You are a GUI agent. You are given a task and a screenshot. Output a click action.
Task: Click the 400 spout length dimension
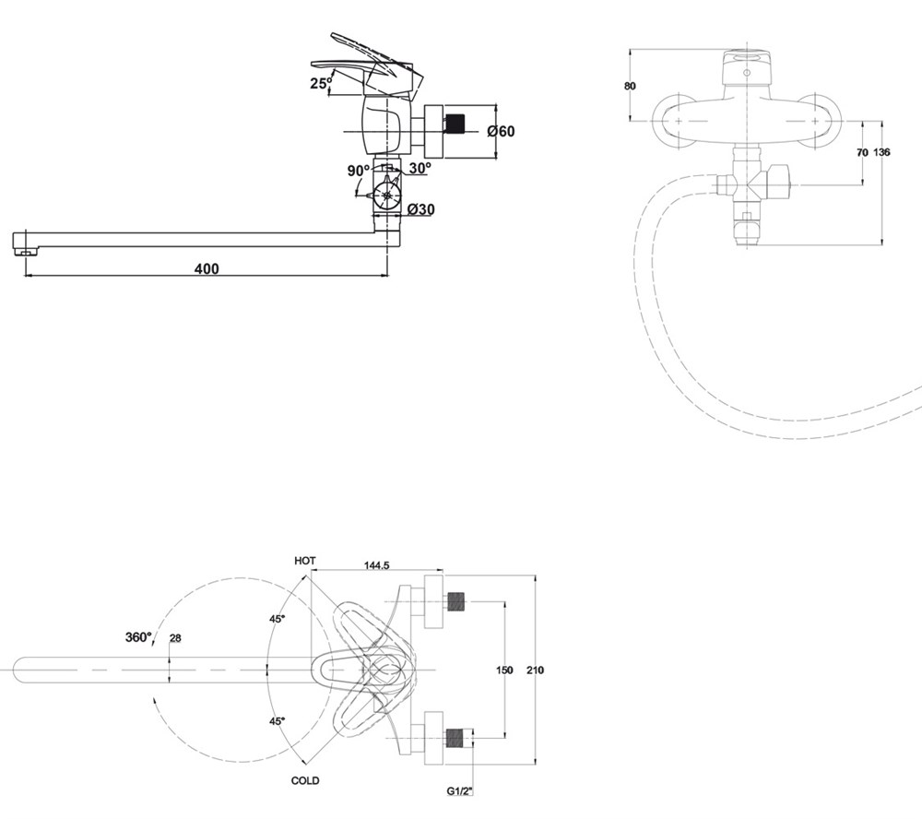(x=207, y=269)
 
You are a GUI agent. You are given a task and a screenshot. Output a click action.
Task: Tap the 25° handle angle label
(x=321, y=82)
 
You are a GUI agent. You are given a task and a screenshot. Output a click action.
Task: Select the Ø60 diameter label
(x=501, y=131)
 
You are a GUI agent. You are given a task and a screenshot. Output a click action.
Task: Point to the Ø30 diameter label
(x=421, y=209)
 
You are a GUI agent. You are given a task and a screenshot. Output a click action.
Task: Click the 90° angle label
(x=358, y=171)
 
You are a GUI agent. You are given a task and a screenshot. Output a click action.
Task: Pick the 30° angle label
(x=420, y=168)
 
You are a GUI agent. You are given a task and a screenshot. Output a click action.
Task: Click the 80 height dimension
(x=630, y=86)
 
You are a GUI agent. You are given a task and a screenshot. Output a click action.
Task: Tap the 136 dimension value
(x=882, y=152)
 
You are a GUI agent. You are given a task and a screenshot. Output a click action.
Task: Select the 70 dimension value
(x=862, y=152)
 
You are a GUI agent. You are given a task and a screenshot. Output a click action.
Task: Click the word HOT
(x=305, y=561)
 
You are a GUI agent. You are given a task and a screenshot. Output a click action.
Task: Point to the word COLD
(x=305, y=781)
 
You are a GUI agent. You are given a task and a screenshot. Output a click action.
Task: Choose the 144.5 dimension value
(x=377, y=565)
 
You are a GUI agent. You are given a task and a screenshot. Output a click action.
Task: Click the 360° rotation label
(x=139, y=636)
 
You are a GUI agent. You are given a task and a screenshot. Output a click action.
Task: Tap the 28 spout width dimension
(x=175, y=638)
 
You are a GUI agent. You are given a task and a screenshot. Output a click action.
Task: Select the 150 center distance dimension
(x=504, y=671)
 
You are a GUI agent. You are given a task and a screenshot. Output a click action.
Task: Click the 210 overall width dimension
(x=536, y=671)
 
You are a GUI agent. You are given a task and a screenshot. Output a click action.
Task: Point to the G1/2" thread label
(x=459, y=791)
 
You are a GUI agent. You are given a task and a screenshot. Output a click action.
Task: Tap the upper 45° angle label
(x=277, y=619)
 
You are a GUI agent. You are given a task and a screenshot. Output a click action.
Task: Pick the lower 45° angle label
(x=277, y=720)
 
